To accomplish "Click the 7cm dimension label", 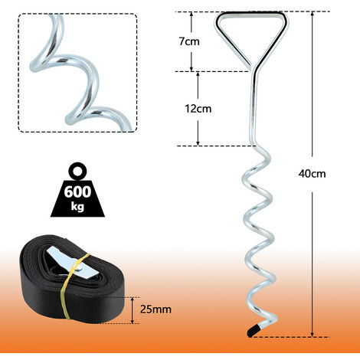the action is click(x=189, y=41).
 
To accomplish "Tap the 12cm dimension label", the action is click(x=198, y=109).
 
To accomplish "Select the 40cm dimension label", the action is click(x=312, y=174).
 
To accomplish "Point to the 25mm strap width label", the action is click(x=155, y=309).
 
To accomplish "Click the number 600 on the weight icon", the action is click(x=77, y=191).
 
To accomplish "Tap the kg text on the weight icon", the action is click(x=77, y=206).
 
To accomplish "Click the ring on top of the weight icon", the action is click(x=78, y=171).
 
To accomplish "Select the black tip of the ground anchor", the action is click(x=253, y=332).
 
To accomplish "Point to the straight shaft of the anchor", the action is click(x=254, y=109).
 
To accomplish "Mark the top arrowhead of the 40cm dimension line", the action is click(x=312, y=15).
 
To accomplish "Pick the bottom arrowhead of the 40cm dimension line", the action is click(x=312, y=334).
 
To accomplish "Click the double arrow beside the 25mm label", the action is click(x=133, y=310).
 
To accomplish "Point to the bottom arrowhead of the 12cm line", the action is click(x=198, y=143).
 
